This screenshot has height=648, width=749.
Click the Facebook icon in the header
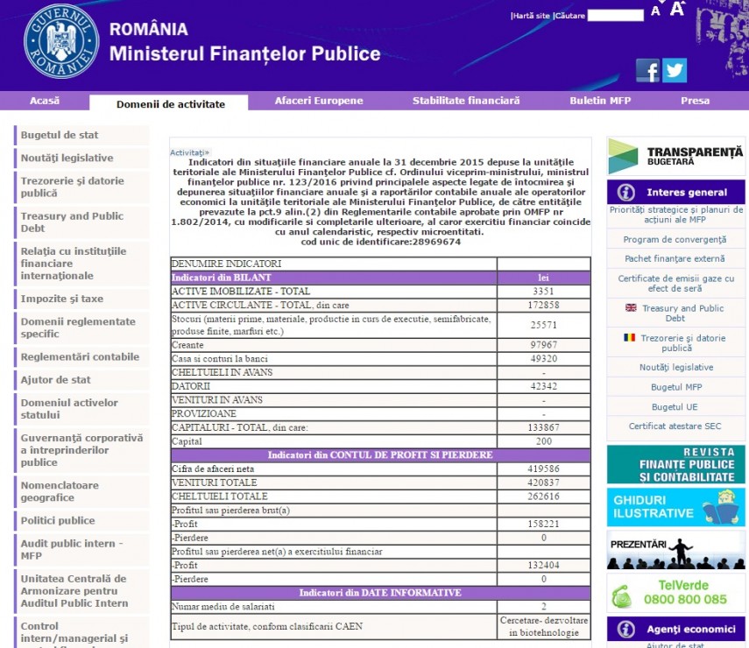(647, 70)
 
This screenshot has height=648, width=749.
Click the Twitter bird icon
(675, 70)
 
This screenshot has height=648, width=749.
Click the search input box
(615, 15)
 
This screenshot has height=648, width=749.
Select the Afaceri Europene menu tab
(319, 101)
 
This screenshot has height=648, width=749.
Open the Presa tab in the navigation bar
(695, 101)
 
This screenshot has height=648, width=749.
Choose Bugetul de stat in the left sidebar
(60, 135)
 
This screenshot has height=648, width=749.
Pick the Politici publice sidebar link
(58, 520)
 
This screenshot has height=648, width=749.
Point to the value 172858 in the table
(543, 304)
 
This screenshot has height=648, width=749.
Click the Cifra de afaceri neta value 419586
(543, 468)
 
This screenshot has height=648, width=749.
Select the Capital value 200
(543, 441)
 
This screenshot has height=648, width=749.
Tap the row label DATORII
(191, 386)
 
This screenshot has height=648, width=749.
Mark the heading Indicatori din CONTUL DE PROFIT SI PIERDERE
(380, 454)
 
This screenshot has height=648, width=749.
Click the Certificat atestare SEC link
(675, 426)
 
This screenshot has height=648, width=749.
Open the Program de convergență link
(675, 239)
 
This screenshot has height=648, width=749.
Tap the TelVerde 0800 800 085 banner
(675, 593)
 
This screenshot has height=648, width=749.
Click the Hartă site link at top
(531, 16)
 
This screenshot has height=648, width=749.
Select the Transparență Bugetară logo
(675, 156)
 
